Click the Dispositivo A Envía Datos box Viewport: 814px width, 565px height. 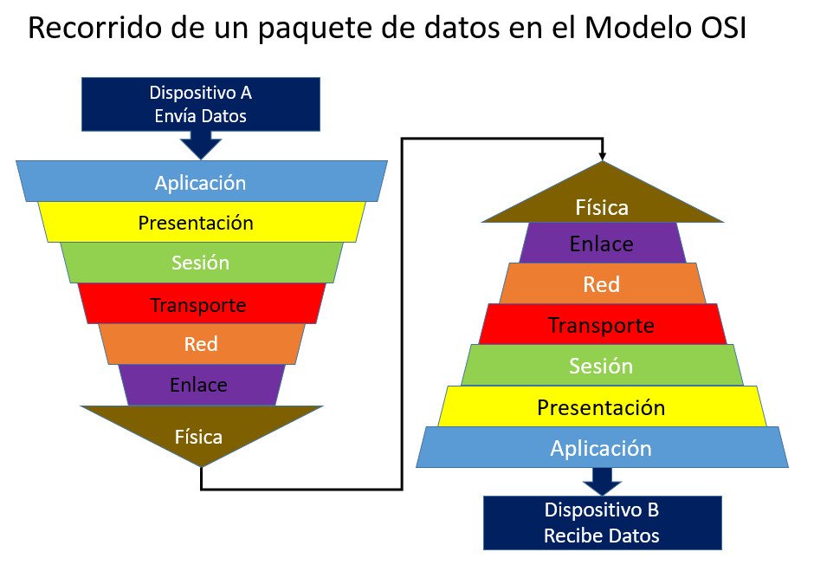[200, 104]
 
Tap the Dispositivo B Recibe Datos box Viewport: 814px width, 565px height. [602, 523]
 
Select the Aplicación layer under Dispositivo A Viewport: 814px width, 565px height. [202, 181]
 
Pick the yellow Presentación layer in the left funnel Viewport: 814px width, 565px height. [202, 222]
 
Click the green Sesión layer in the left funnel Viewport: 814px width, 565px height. [202, 263]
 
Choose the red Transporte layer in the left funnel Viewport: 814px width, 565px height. [202, 303]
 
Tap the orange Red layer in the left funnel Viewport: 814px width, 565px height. [202, 344]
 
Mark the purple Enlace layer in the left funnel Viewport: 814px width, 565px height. [202, 385]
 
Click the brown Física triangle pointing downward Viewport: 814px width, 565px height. [202, 431]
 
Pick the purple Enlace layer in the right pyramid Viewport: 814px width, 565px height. [602, 243]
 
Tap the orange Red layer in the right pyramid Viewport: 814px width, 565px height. [602, 283]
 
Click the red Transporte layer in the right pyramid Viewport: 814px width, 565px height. [602, 324]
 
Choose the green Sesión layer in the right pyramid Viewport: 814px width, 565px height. [602, 365]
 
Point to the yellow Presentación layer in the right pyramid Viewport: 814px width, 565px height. [602, 406]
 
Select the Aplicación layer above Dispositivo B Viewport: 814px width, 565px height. [602, 447]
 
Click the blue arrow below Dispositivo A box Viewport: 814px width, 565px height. [201, 145]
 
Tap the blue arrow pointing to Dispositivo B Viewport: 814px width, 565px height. [602, 482]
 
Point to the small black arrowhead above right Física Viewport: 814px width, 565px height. [602, 156]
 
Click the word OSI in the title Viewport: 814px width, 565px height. [718, 28]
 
